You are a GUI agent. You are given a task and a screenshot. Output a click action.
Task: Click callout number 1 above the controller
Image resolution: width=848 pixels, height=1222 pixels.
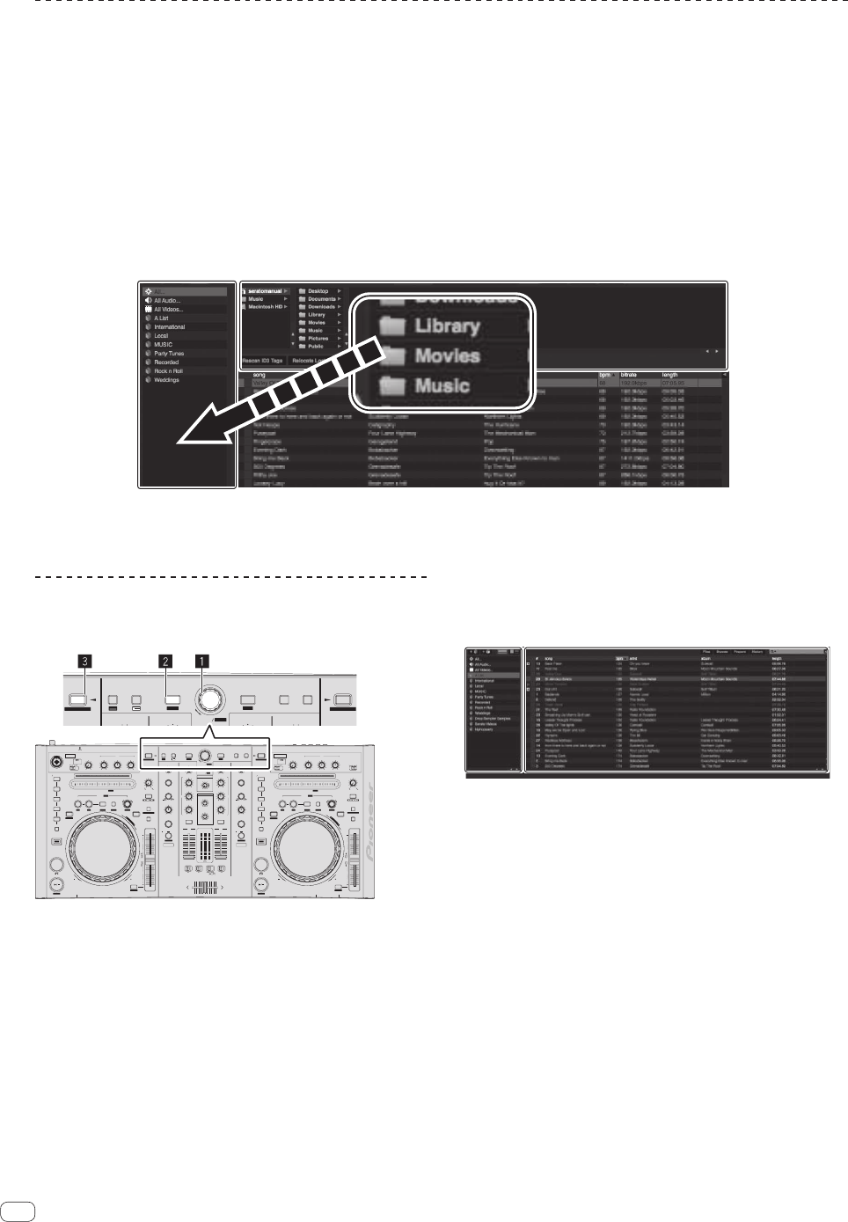tap(201, 658)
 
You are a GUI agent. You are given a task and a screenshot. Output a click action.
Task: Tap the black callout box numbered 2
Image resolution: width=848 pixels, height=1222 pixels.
tap(164, 658)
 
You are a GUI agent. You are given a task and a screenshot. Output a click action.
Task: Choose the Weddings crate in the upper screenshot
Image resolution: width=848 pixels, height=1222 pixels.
tap(166, 380)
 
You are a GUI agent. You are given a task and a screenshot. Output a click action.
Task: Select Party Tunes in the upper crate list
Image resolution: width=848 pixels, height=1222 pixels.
tap(169, 354)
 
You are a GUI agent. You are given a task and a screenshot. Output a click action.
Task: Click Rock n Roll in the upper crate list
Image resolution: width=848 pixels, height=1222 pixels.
tap(168, 371)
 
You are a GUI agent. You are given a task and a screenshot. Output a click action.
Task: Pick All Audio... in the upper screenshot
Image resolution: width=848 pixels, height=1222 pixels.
tap(167, 300)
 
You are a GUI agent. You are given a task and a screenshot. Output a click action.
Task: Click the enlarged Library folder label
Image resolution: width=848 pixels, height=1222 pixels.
tap(447, 326)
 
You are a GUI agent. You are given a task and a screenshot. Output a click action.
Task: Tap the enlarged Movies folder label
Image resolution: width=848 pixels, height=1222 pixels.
tap(447, 356)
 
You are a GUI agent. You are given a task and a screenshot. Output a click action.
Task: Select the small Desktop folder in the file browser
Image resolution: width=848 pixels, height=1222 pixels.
tap(318, 291)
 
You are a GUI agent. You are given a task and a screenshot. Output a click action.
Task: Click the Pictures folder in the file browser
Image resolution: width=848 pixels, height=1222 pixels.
tap(318, 339)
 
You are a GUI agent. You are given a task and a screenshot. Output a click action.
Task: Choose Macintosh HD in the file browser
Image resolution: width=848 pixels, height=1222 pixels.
tap(267, 307)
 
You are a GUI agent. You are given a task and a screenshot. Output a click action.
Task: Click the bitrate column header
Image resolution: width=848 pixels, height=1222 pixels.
tap(629, 375)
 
